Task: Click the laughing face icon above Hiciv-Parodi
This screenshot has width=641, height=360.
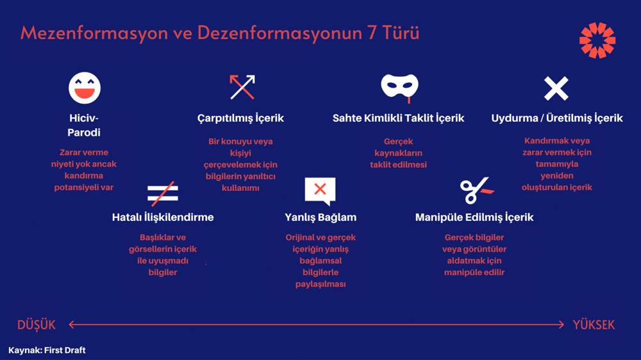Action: point(85,88)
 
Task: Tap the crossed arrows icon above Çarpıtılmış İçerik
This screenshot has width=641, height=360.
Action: point(242,87)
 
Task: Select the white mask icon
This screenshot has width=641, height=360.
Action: point(399,86)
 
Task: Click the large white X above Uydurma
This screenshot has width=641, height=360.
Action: point(556,88)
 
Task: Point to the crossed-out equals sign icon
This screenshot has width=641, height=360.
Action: point(163,193)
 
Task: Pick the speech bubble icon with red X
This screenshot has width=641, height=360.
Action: point(320,191)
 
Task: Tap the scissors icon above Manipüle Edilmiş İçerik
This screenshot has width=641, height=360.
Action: point(477,190)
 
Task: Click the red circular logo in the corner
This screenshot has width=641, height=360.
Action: point(597,40)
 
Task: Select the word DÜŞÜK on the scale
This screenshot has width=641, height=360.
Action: point(37,325)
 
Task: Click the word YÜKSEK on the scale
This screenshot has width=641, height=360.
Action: point(594,325)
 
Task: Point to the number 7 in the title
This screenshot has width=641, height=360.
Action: point(372,33)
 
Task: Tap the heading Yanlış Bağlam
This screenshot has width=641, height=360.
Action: point(320,217)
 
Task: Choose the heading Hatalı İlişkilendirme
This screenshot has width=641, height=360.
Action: point(163,217)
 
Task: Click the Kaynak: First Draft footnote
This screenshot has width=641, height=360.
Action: point(47,350)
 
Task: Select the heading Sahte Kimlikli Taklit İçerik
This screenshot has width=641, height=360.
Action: point(398,118)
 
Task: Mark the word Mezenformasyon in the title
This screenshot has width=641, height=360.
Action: point(94,33)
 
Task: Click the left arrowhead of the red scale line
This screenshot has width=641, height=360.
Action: point(72,325)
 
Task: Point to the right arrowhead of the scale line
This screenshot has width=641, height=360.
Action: point(562,325)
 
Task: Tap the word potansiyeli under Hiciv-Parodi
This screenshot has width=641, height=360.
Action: point(84,188)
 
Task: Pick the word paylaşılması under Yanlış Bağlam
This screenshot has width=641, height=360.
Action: point(320,284)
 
